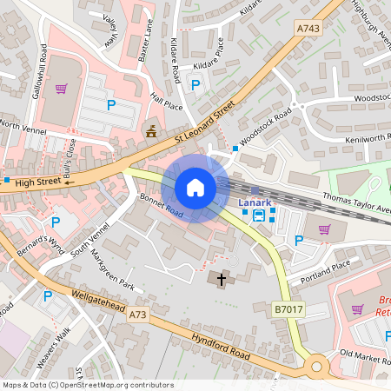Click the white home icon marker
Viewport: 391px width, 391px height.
[x=195, y=188]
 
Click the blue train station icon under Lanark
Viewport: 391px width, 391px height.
[x=259, y=215]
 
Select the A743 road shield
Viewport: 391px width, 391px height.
[x=308, y=28]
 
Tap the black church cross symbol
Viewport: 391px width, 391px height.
[x=222, y=280]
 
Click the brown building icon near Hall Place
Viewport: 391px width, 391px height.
[x=151, y=132]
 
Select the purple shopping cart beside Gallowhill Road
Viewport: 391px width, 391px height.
[x=61, y=88]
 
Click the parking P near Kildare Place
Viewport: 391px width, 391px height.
[x=195, y=84]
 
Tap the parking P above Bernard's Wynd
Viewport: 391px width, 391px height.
[x=56, y=222]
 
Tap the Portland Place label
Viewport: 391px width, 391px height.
[x=324, y=266]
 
